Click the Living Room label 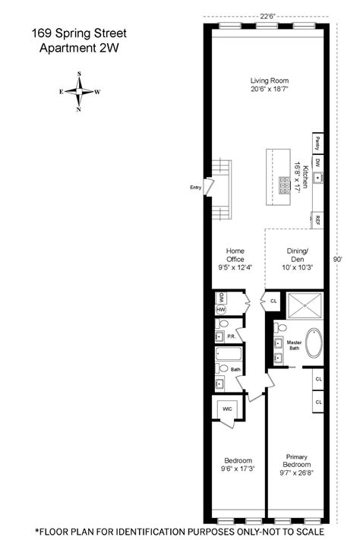click(x=270, y=81)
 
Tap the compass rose click(x=79, y=92)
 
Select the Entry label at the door click(x=195, y=188)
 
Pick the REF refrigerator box click(x=317, y=220)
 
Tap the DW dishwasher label click(x=317, y=163)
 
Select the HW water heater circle click(x=221, y=310)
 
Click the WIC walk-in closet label click(x=227, y=409)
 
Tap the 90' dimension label click(x=338, y=259)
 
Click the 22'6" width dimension click(x=267, y=16)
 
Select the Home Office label click(x=235, y=255)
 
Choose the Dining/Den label click(x=297, y=255)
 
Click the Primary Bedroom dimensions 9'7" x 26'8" click(x=297, y=473)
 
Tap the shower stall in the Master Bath click(x=305, y=305)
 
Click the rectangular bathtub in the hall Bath click(x=229, y=354)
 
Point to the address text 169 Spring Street click(x=79, y=33)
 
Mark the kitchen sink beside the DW click(x=317, y=178)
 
